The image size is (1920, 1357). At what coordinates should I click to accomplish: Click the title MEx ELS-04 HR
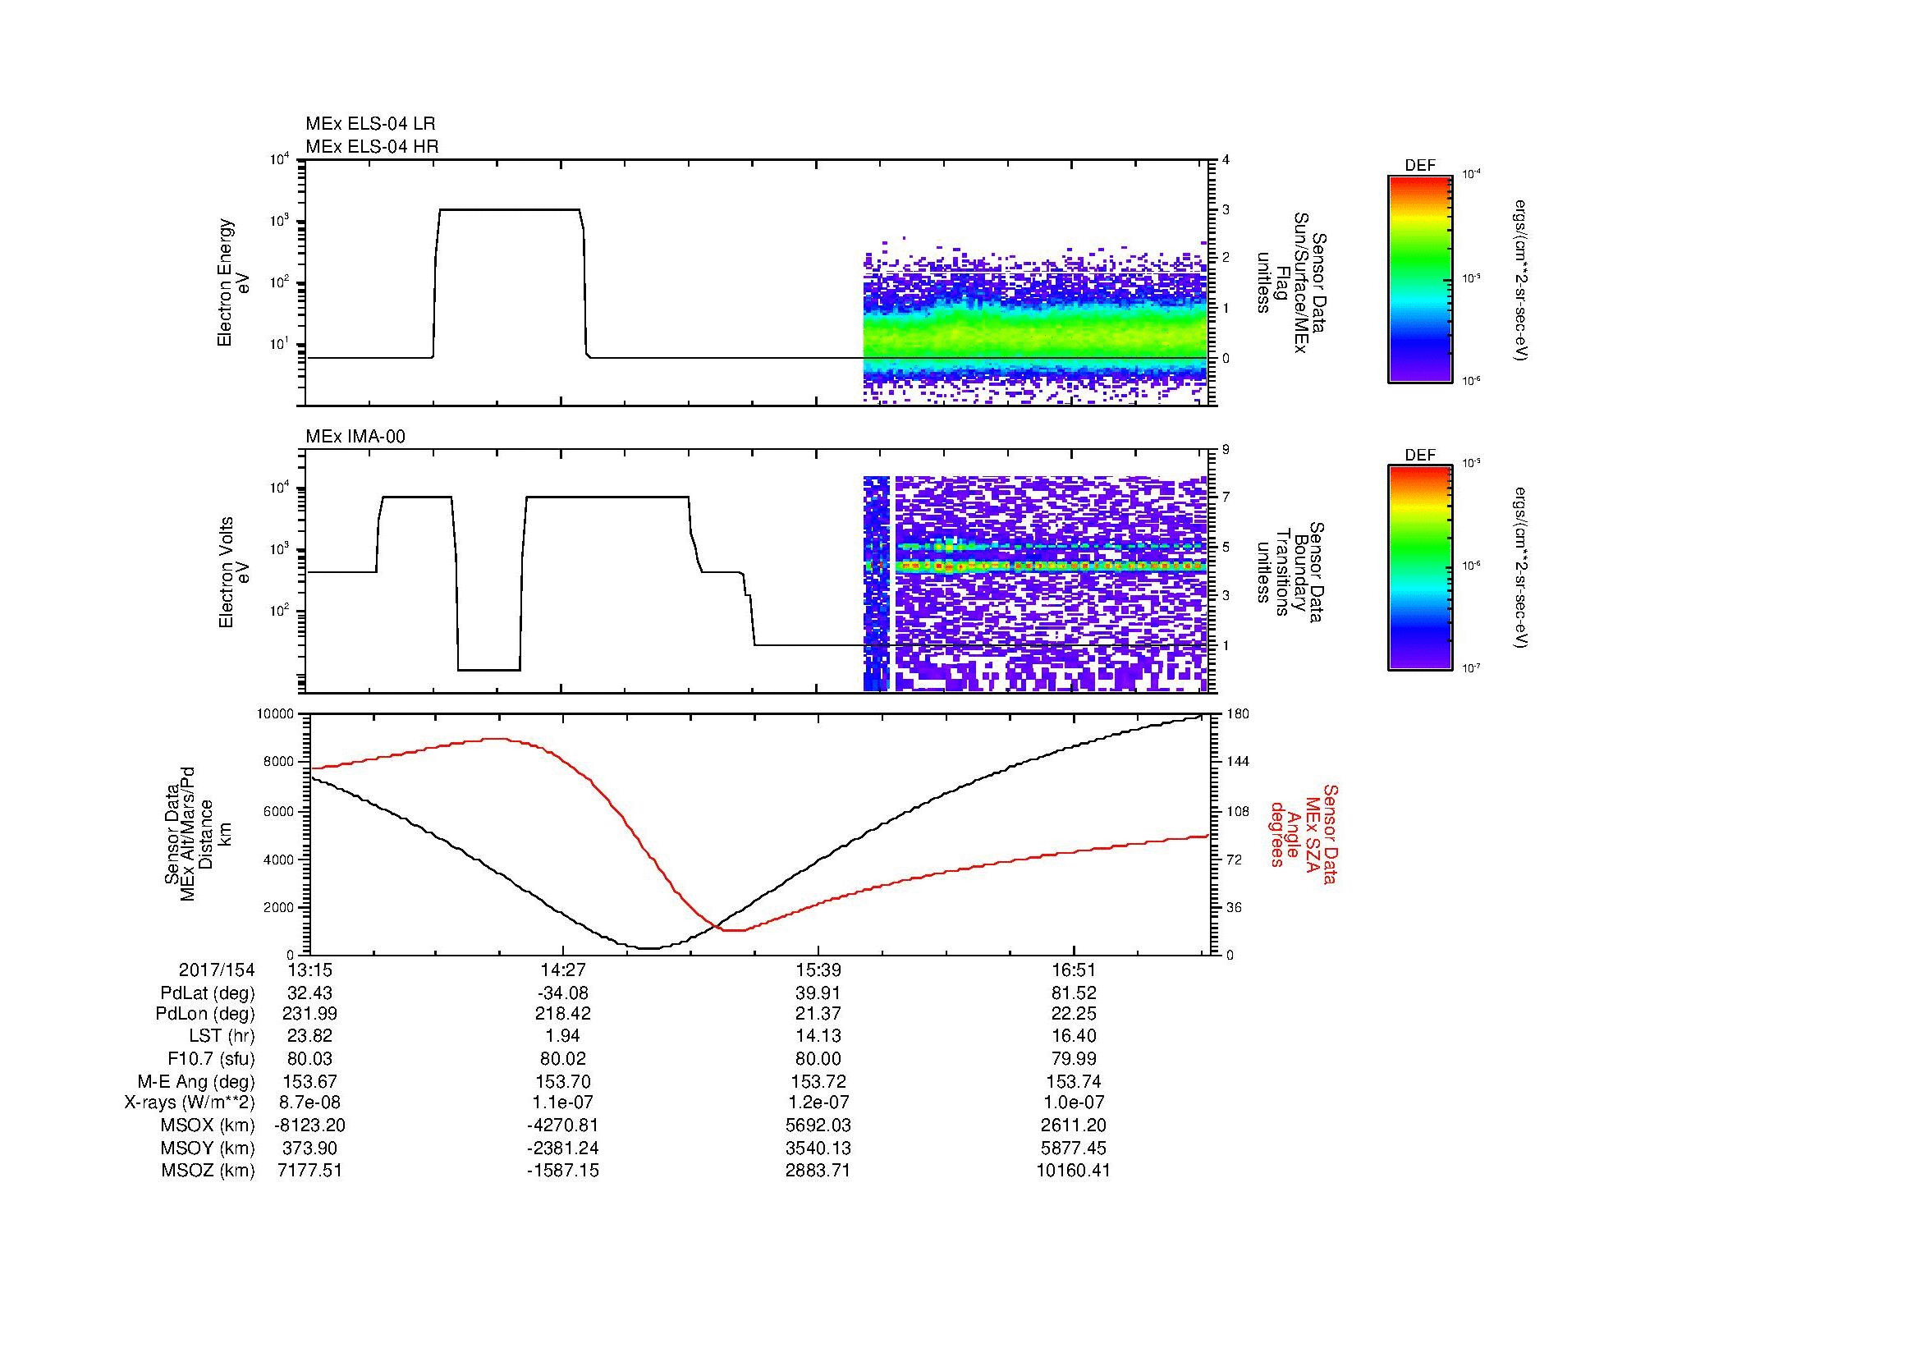point(372,146)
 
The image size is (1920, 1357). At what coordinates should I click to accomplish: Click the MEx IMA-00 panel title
point(355,437)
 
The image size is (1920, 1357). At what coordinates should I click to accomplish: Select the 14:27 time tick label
point(563,970)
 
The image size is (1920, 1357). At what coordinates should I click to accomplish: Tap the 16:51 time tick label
point(1074,970)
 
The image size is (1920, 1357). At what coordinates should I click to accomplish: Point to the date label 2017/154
point(217,970)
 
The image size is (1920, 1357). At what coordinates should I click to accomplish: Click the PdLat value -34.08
point(563,993)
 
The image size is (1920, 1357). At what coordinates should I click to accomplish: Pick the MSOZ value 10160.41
point(1074,1171)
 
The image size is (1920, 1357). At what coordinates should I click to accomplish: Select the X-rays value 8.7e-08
point(309,1103)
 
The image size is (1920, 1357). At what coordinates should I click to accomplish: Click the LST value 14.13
point(818,1036)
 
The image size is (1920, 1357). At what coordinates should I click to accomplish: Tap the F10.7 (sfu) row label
point(211,1058)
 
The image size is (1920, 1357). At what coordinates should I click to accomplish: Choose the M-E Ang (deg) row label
point(198,1081)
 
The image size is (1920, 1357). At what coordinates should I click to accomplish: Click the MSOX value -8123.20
point(309,1125)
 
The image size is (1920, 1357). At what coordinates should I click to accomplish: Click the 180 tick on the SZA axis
point(1238,714)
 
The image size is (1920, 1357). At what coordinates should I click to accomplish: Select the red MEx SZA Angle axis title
point(1303,833)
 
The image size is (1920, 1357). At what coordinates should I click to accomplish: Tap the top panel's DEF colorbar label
point(1420,166)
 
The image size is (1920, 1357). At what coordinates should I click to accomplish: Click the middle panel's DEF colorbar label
point(1420,456)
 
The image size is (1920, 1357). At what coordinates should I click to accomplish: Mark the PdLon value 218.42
point(563,1013)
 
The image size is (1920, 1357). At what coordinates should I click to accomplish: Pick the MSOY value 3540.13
point(818,1148)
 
